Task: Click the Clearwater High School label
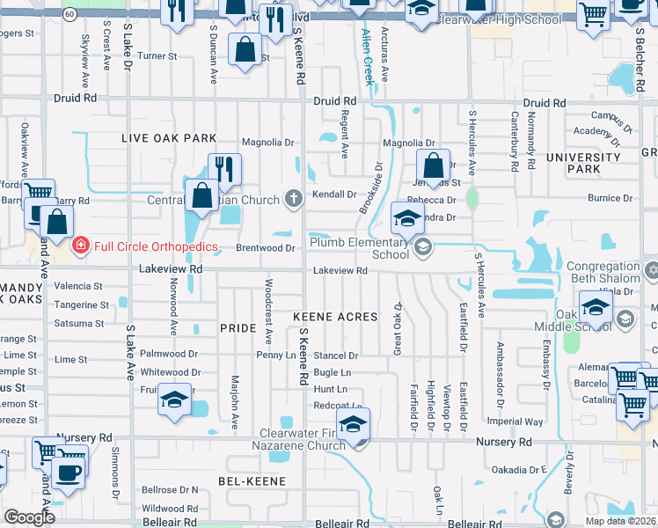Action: [x=499, y=18]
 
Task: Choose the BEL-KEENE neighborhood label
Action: [x=252, y=481]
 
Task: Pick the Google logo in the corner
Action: [x=29, y=517]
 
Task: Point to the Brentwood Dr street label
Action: [x=265, y=248]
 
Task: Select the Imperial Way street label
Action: [x=515, y=422]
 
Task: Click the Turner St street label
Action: [x=157, y=55]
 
